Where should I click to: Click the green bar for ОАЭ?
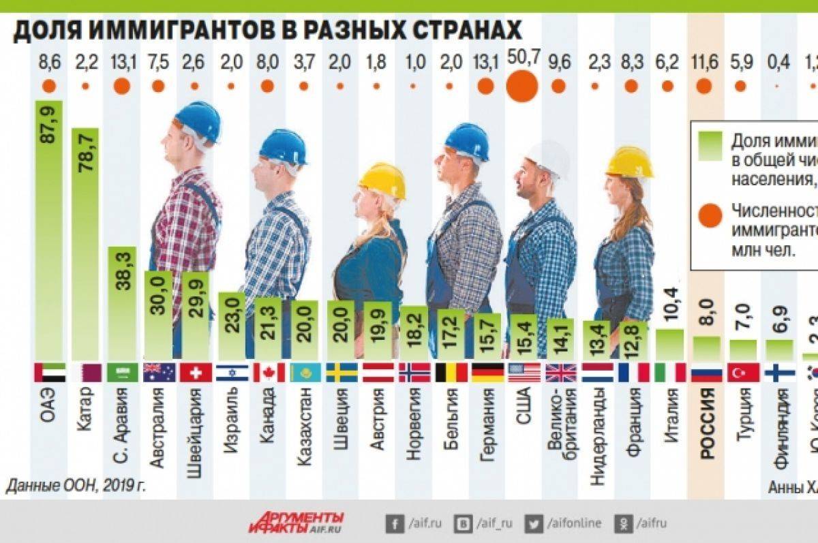(x=49, y=232)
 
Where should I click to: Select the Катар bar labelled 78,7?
(x=85, y=245)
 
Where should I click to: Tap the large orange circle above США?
(x=522, y=87)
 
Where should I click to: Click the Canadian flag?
(x=269, y=373)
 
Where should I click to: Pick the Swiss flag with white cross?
(x=196, y=373)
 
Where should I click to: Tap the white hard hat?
(x=549, y=158)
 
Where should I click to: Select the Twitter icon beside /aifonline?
(x=534, y=523)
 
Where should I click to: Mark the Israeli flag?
(x=232, y=373)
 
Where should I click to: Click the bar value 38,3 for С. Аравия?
(x=123, y=273)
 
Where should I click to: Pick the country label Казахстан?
(x=305, y=426)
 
